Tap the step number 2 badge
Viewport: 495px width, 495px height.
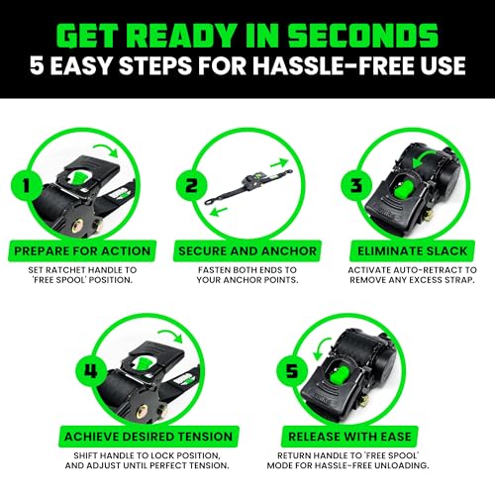189,184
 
